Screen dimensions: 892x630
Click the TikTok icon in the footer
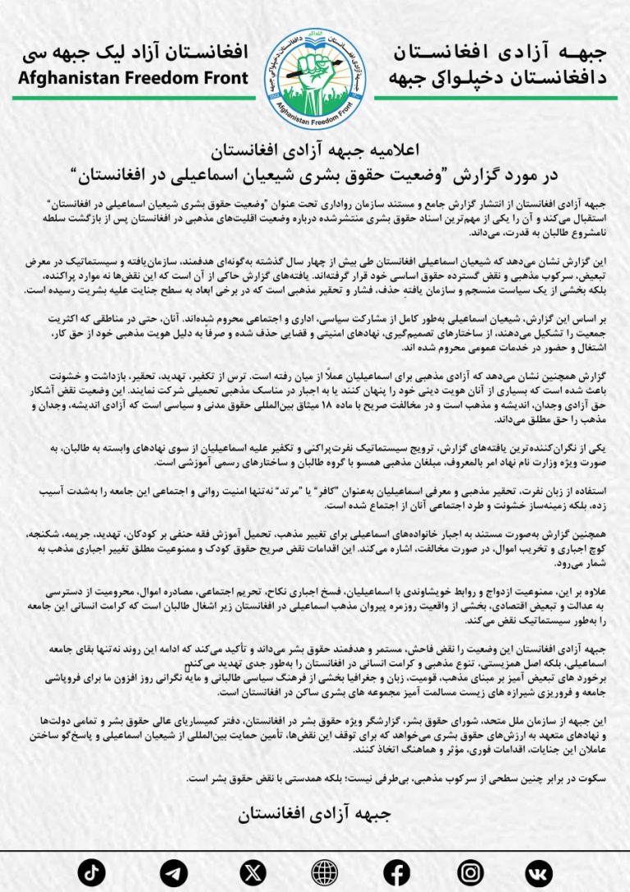pos(92,871)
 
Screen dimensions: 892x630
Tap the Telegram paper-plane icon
pos(174,871)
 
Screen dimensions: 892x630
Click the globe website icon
pos(325,871)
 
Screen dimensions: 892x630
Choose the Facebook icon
pos(397,871)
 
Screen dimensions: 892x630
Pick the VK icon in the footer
pos(539,871)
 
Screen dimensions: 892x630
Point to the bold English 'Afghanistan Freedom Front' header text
pos(132,79)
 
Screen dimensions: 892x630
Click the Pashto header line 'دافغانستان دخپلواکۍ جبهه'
pos(500,79)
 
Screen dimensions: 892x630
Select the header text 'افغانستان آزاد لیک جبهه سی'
pos(135,54)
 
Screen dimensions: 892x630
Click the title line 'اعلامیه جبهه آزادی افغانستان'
pos(315,151)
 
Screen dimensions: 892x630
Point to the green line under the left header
pos(131,97)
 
